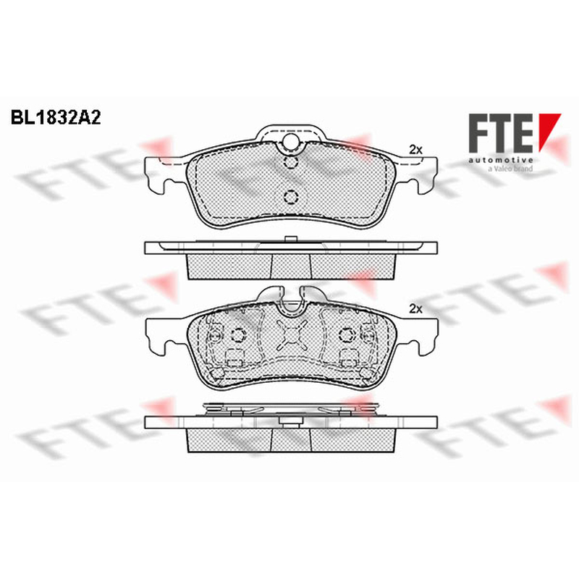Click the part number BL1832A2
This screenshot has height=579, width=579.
(x=56, y=117)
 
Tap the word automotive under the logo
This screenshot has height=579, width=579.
(x=501, y=160)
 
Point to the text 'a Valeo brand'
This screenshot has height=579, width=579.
(x=510, y=169)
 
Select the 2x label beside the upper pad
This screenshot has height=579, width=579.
(x=415, y=150)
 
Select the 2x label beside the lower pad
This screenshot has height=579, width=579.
(x=415, y=309)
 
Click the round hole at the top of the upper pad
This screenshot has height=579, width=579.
(x=291, y=142)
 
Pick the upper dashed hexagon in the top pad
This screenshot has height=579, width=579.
(x=291, y=162)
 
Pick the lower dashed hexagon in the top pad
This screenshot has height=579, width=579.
(x=291, y=196)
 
